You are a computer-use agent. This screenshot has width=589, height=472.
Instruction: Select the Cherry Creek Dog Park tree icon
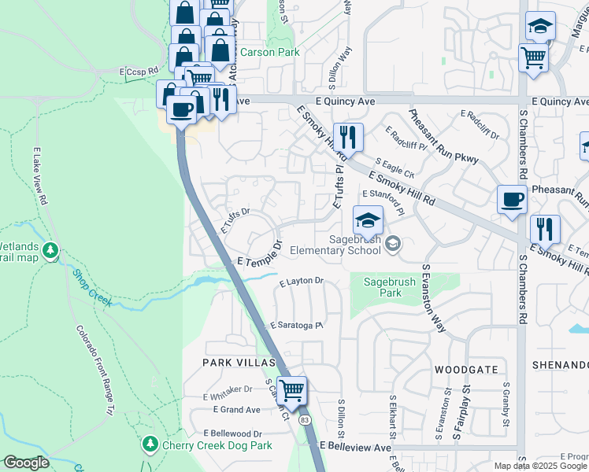150,445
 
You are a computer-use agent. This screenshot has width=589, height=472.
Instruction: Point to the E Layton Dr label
302,281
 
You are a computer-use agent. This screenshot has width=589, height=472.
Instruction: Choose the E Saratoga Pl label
296,325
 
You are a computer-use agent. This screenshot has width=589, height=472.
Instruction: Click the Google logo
26,463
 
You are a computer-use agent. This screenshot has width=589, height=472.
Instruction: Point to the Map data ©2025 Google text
540,466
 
